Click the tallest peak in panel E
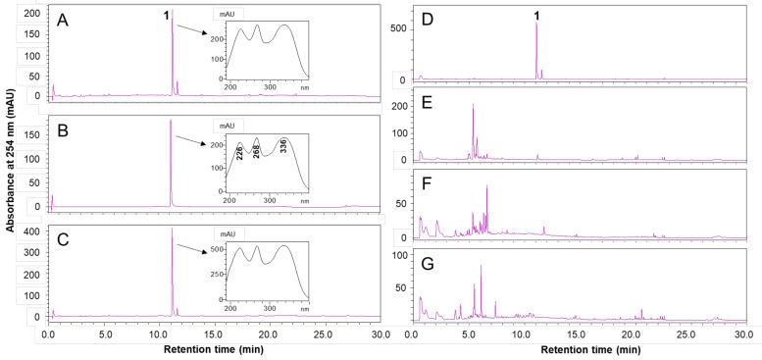[473, 105]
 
